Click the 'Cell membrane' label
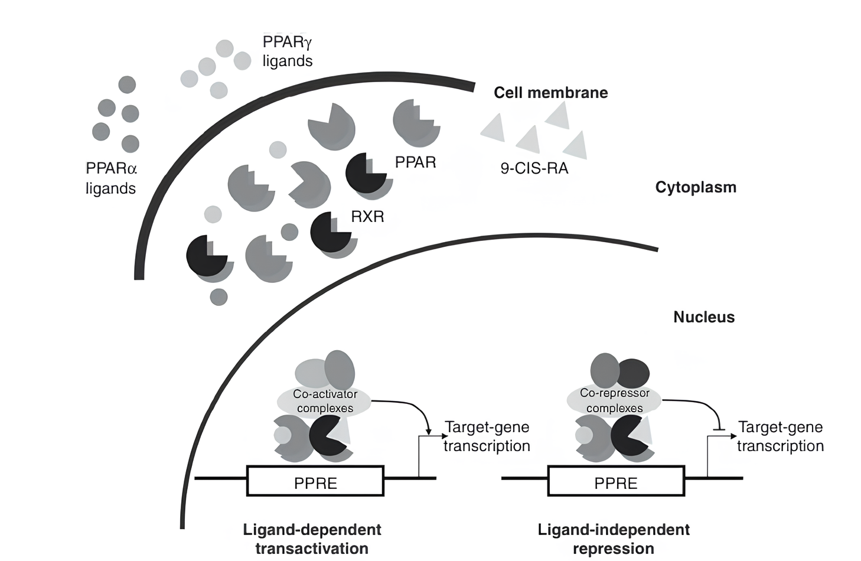click(x=550, y=93)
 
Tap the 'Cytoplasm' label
click(x=696, y=187)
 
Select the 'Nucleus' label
click(x=704, y=317)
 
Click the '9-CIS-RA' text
click(x=534, y=168)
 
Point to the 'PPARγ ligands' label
click(x=288, y=51)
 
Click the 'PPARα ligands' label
click(x=111, y=178)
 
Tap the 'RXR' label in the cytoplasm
click(x=367, y=217)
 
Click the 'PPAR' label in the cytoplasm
click(x=415, y=162)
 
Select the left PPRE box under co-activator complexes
click(x=315, y=481)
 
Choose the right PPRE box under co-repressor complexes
click(x=616, y=481)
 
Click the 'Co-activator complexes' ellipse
click(x=324, y=402)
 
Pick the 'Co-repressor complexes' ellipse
click(x=614, y=401)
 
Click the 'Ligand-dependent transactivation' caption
click(x=312, y=539)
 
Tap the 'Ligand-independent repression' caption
click(x=614, y=539)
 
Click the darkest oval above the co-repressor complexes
click(x=633, y=373)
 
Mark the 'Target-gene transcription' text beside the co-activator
click(x=487, y=436)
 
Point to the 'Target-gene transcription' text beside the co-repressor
click(x=780, y=436)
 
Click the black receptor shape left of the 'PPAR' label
click(x=364, y=172)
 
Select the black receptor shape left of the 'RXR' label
click(x=329, y=231)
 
